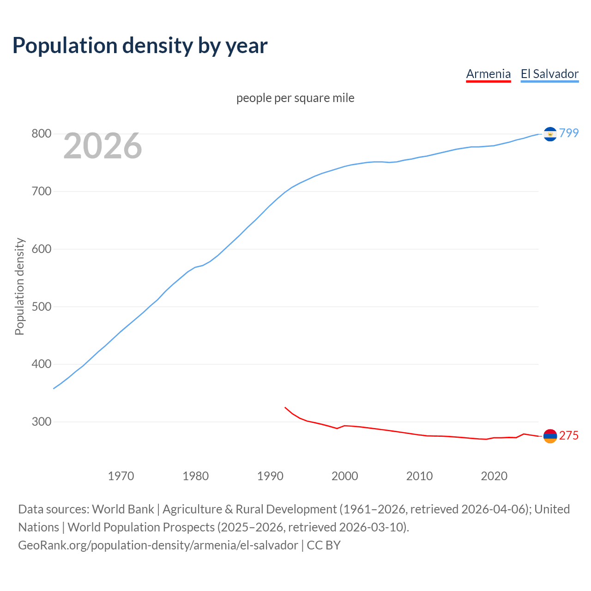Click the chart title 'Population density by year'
[140, 45]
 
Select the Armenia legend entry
[488, 74]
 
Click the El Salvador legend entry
[549, 74]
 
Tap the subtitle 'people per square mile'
[295, 98]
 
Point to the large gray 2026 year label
[103, 146]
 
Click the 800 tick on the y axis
[41, 133]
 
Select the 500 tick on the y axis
[41, 307]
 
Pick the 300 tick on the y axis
[41, 422]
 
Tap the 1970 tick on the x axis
[121, 476]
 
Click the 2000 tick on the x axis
[344, 476]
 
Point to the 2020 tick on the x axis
[494, 476]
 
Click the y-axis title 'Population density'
[19, 286]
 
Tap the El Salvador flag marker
[550, 134]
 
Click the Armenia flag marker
[550, 436]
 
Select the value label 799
[569, 133]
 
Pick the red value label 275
[569, 435]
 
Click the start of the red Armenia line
[285, 407]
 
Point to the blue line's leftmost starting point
[54, 388]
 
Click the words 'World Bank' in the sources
[123, 509]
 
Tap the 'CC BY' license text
[324, 545]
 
